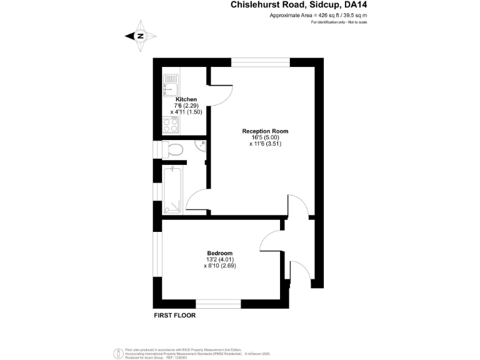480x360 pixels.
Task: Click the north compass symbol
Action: (x=139, y=36)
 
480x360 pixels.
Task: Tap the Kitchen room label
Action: (x=186, y=99)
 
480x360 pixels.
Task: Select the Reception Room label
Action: (x=265, y=131)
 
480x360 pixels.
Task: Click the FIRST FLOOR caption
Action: (x=175, y=316)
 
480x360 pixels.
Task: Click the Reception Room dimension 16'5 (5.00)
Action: (x=265, y=137)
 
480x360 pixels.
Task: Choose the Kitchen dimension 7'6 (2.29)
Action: (x=186, y=106)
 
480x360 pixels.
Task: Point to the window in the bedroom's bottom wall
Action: (x=218, y=304)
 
